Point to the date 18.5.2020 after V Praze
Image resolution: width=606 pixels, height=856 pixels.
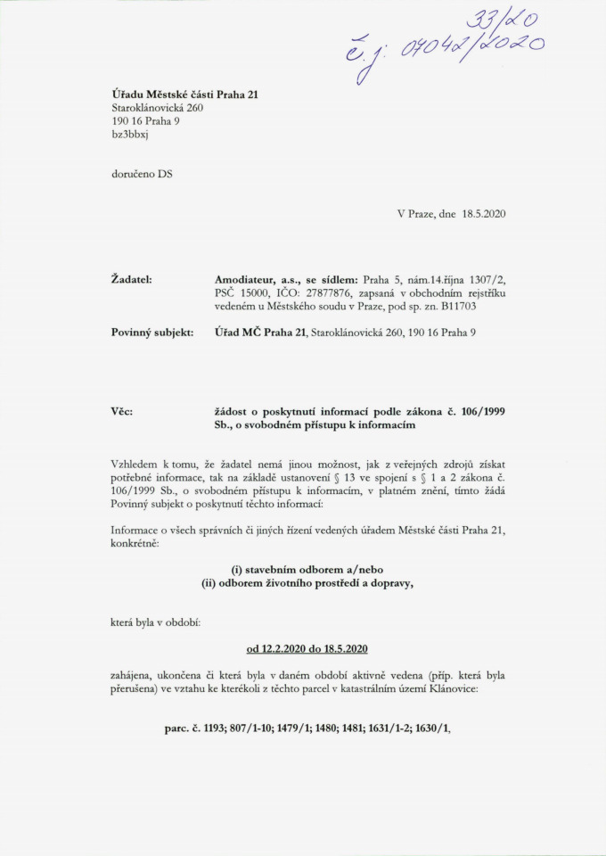(483, 215)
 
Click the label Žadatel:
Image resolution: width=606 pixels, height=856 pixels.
(130, 280)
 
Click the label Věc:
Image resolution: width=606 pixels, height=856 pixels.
(122, 412)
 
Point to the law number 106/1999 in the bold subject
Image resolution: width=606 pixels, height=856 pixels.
(473, 412)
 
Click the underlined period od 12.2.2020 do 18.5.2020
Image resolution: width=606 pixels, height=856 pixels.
(307, 648)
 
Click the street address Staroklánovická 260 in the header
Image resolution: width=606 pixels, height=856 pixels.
(152, 107)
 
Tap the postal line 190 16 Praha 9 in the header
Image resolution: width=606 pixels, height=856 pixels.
(140, 120)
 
